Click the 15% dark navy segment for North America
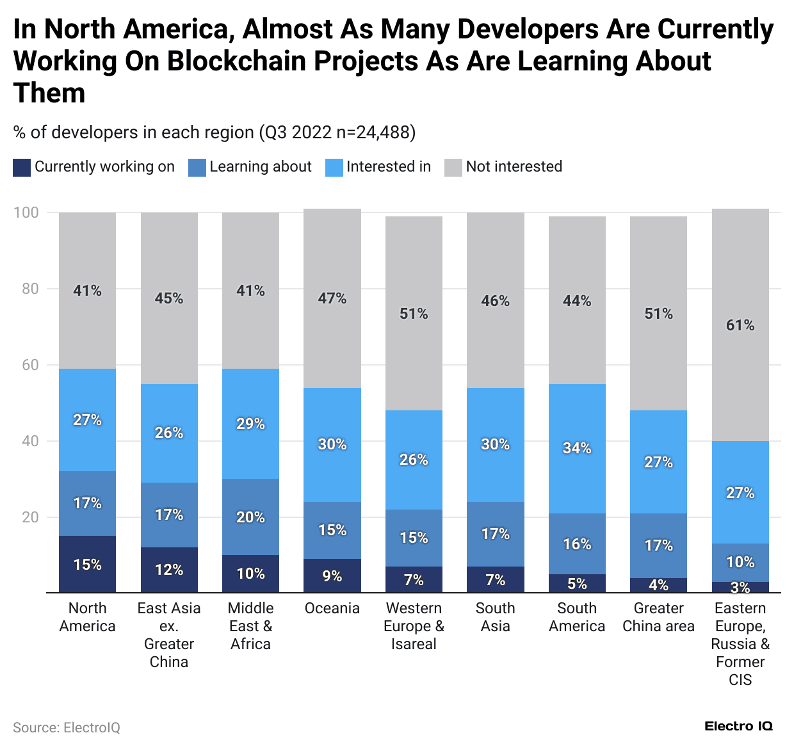coord(87,564)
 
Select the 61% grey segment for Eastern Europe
coord(740,325)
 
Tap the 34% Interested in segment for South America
coord(577,448)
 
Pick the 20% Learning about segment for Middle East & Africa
coord(250,517)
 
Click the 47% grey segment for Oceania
coord(332,298)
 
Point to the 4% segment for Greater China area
coord(658,585)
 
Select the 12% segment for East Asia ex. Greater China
coord(169,570)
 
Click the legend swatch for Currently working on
coord(22,167)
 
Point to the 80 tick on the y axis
coord(30,289)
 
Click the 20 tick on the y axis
coord(30,517)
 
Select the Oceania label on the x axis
coord(332,608)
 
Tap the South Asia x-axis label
coord(495,617)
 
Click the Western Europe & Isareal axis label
coord(414,626)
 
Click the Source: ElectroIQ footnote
coord(67,728)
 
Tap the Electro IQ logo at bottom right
coord(738,726)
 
